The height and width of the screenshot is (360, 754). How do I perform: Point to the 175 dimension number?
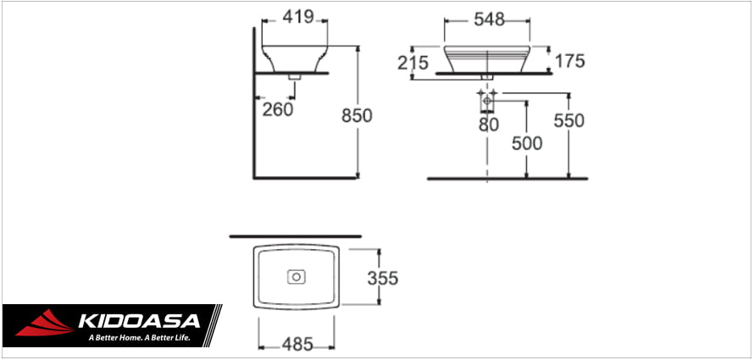(569, 61)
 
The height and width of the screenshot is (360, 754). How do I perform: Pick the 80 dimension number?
(487, 125)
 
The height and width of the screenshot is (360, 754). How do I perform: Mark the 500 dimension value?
(526, 143)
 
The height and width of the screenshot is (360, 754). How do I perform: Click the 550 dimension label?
(568, 121)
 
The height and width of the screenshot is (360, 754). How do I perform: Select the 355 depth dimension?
(382, 278)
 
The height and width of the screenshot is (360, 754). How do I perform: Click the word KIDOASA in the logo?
(138, 321)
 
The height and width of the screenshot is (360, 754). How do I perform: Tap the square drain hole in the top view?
(297, 276)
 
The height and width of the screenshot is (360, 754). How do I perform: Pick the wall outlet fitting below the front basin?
(488, 102)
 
